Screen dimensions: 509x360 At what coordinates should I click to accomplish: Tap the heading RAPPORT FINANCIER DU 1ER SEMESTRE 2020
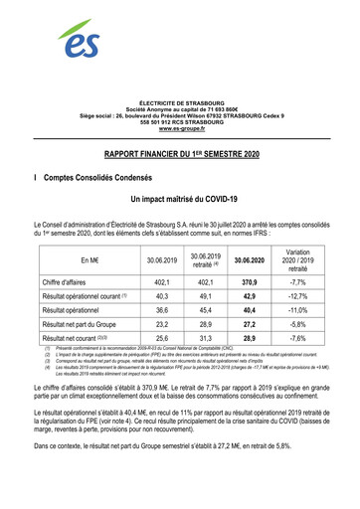click(x=179, y=157)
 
